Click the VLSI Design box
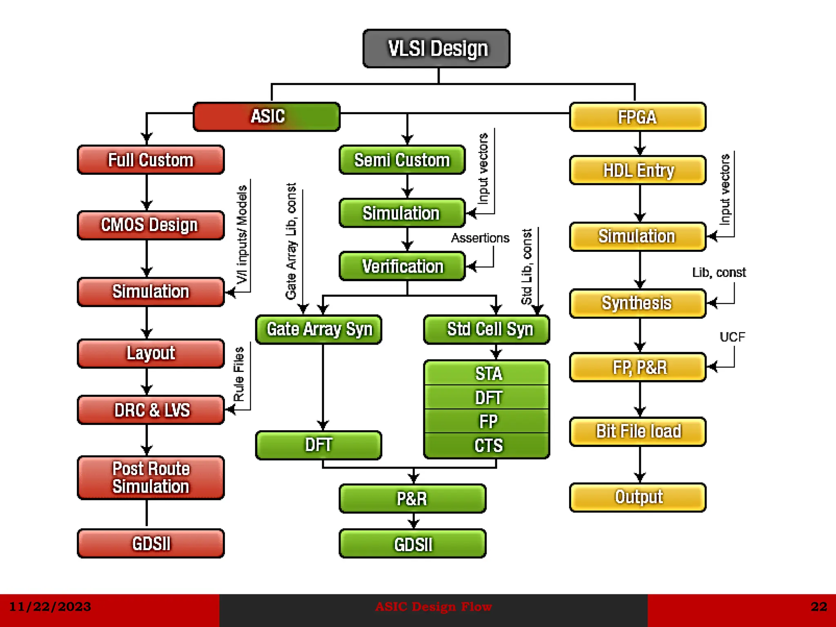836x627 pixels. [436, 49]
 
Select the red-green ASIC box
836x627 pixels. [267, 117]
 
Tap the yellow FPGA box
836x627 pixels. [637, 117]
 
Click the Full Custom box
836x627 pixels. [151, 160]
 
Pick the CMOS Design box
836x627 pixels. [151, 225]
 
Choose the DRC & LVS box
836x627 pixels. [151, 410]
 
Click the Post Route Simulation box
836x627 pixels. [151, 478]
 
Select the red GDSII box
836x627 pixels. [151, 543]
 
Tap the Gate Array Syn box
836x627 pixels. [319, 329]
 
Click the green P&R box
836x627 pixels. [412, 498]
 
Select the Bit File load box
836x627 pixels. [638, 431]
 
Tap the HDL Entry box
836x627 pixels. [638, 170]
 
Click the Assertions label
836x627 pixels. [480, 238]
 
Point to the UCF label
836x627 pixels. [732, 337]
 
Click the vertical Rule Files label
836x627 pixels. [239, 374]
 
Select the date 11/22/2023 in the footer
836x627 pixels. [50, 607]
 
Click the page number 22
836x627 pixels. [818, 607]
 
